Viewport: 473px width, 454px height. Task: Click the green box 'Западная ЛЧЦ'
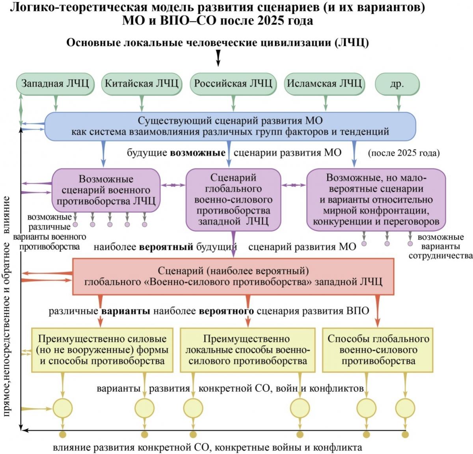click(x=55, y=84)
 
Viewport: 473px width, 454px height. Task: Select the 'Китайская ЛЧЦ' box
click(x=142, y=84)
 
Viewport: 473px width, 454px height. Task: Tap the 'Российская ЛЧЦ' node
click(x=233, y=84)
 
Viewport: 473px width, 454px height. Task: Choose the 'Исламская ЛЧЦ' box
click(x=324, y=84)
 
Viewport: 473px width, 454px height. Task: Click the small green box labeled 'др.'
click(x=397, y=84)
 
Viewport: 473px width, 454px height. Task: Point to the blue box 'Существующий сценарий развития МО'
click(x=230, y=127)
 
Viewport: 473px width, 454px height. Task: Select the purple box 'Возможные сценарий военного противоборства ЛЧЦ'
click(x=106, y=190)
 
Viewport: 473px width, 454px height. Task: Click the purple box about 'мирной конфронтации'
click(x=376, y=199)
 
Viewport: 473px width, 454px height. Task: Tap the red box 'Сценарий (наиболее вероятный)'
click(x=233, y=277)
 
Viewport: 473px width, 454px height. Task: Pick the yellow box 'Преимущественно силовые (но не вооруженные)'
click(x=102, y=350)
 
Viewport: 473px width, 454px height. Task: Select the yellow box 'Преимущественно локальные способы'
click(x=248, y=350)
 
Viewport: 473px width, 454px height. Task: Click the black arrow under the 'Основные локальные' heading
click(x=218, y=58)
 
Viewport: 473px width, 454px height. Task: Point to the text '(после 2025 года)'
click(x=404, y=153)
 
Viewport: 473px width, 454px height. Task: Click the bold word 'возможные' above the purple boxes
click(x=197, y=153)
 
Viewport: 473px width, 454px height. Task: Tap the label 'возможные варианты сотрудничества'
click(x=441, y=246)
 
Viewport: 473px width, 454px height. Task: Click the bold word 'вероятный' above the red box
click(x=166, y=247)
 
